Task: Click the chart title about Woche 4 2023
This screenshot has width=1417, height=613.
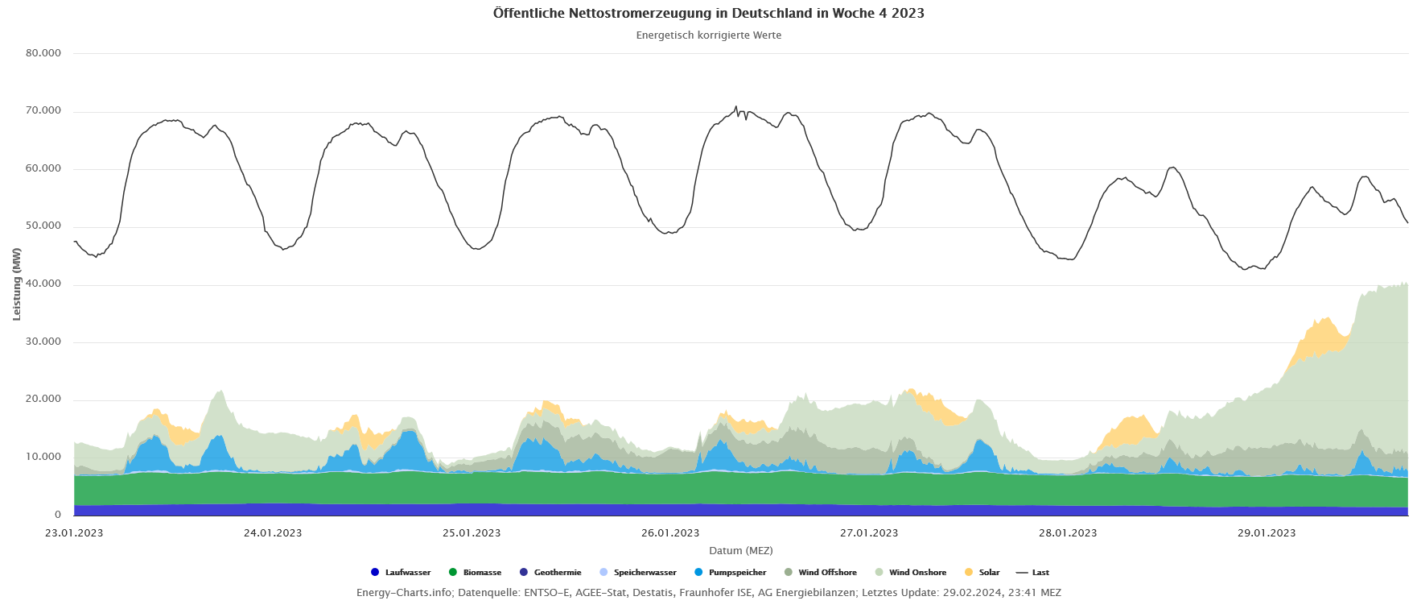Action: pyautogui.click(x=708, y=14)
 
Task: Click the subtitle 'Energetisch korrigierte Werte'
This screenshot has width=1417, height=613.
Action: pyautogui.click(x=708, y=35)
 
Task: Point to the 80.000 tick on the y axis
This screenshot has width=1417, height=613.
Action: pyautogui.click(x=43, y=53)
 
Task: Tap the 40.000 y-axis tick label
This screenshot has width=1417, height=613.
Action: pyautogui.click(x=43, y=284)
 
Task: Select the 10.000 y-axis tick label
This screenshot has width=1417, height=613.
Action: pyautogui.click(x=43, y=457)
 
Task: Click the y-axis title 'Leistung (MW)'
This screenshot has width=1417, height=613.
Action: pyautogui.click(x=17, y=284)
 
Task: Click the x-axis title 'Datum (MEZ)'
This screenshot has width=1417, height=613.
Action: pyautogui.click(x=740, y=551)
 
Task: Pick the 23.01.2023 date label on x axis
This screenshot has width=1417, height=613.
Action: pyautogui.click(x=74, y=533)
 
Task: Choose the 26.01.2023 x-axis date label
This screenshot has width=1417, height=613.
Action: pyautogui.click(x=670, y=533)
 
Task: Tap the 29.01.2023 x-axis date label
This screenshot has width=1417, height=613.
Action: pyautogui.click(x=1267, y=533)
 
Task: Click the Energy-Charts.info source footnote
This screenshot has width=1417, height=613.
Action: pyautogui.click(x=708, y=593)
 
